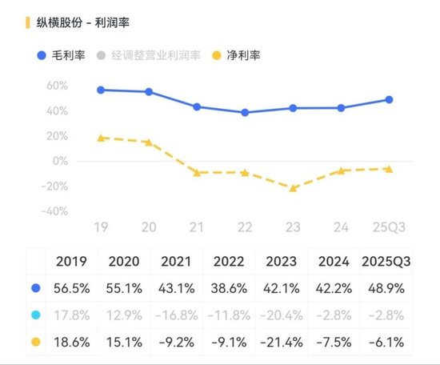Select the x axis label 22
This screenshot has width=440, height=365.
tap(245, 228)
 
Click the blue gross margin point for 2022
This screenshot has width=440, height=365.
tap(245, 112)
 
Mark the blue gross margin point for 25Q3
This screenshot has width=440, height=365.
tap(389, 99)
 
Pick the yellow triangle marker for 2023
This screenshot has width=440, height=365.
tap(293, 188)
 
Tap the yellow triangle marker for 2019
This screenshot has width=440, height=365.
tap(101, 137)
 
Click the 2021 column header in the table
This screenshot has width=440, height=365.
tap(177, 261)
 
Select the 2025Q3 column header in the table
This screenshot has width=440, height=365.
tap(387, 261)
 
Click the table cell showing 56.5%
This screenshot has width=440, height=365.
tap(72, 287)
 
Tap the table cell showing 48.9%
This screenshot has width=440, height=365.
tap(387, 287)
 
